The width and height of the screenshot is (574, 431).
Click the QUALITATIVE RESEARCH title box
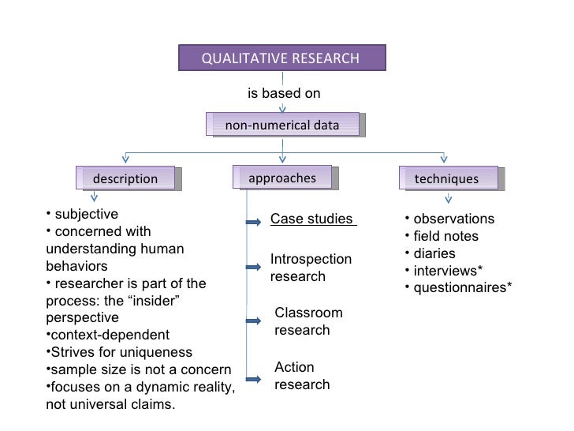tap(281, 58)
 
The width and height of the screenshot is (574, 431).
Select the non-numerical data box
tap(282, 125)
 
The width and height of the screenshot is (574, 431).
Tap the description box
tap(126, 179)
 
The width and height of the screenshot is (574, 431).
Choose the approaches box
tap(282, 178)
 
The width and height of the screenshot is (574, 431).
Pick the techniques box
tap(447, 179)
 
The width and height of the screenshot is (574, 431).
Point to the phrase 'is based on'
tap(284, 93)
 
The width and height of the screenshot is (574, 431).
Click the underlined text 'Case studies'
tap(312, 219)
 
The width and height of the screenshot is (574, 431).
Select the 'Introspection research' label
tap(311, 268)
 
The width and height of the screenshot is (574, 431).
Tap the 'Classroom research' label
tap(308, 321)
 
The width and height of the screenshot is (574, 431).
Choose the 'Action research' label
tap(302, 376)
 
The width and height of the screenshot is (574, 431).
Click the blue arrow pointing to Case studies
tap(253, 223)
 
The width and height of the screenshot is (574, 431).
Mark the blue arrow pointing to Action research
tap(253, 377)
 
